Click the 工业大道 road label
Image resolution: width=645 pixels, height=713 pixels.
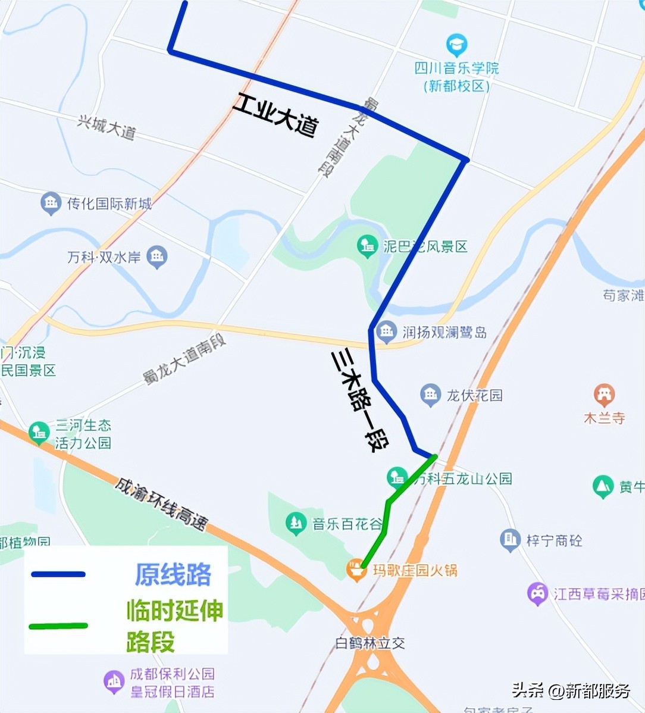(275, 115)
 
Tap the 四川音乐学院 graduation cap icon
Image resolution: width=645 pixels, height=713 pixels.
(456, 45)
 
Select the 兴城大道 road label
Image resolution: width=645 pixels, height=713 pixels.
(106, 127)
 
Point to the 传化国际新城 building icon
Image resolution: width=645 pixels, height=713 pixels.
(51, 204)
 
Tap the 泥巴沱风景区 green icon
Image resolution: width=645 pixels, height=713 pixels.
(367, 246)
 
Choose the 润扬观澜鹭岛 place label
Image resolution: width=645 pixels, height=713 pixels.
(444, 332)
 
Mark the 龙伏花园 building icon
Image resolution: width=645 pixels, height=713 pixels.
(430, 395)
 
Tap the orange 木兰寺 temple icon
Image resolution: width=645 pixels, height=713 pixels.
(604, 395)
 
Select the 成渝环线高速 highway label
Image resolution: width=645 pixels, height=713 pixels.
(161, 504)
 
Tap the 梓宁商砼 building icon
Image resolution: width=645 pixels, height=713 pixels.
(510, 540)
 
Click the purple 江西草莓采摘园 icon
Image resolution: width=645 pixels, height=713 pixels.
(537, 593)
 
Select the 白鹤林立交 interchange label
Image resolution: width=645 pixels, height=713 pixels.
(370, 643)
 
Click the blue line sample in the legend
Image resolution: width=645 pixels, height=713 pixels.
(58, 574)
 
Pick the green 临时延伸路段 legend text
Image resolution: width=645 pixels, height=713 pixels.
(175, 626)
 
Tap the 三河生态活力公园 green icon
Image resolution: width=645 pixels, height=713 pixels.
(39, 433)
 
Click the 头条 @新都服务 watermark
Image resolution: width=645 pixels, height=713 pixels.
(571, 690)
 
